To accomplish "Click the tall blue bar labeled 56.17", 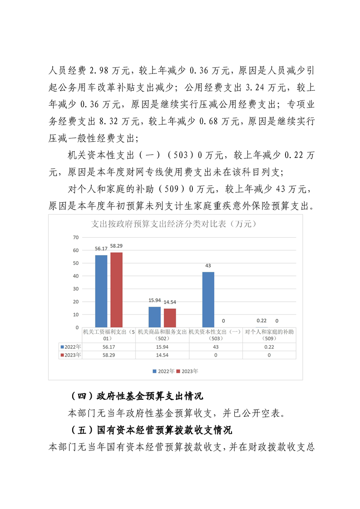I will (x=101, y=291).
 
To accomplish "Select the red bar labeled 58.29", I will (x=117, y=289).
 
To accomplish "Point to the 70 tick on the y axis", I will (x=76, y=237).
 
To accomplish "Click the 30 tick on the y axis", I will (x=76, y=289).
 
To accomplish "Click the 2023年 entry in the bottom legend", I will (x=187, y=371).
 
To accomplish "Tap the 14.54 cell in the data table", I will (x=162, y=355).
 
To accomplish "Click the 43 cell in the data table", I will (x=216, y=347).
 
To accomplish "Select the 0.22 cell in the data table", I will (x=269, y=347).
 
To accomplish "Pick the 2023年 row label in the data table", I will (x=71, y=355).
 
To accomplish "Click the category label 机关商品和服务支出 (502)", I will (x=162, y=335).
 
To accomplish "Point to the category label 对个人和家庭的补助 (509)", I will (x=269, y=335).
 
